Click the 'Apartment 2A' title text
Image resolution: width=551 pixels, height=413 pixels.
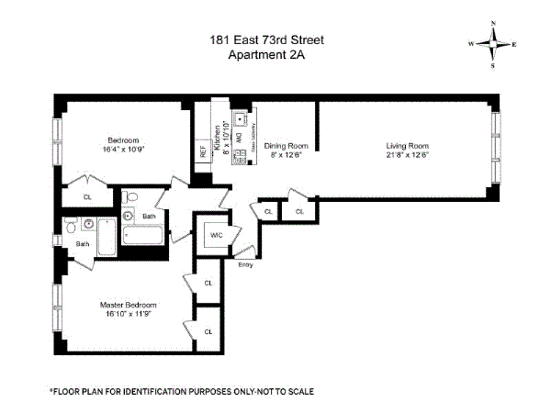(x=265, y=53)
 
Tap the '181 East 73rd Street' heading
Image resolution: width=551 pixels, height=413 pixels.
(x=265, y=39)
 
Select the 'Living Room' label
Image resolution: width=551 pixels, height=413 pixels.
(x=407, y=145)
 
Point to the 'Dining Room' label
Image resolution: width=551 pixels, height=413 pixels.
(x=286, y=145)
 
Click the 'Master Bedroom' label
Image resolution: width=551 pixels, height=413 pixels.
(x=128, y=305)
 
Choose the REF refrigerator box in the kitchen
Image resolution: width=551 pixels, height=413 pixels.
(x=203, y=151)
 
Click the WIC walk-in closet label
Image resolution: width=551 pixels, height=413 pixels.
(x=218, y=234)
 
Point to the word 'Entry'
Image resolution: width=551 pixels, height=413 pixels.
(x=245, y=265)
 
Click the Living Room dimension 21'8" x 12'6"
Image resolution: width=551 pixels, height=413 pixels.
(x=407, y=154)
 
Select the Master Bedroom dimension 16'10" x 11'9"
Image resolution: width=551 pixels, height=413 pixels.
(x=128, y=314)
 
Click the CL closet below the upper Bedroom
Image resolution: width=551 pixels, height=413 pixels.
(x=88, y=196)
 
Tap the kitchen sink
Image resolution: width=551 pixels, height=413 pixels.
(x=239, y=119)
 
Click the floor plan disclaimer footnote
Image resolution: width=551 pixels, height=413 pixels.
(x=182, y=391)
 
